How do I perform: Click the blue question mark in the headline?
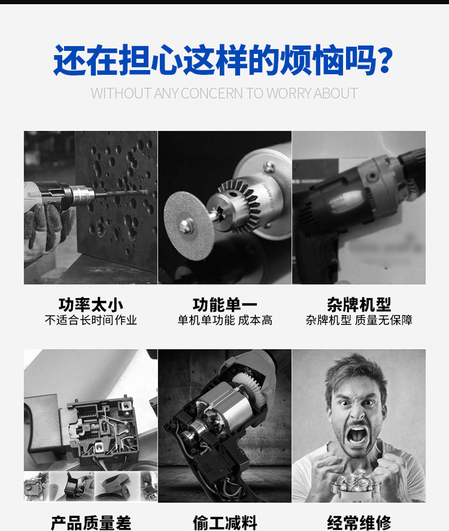385,60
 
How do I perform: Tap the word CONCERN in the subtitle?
212,93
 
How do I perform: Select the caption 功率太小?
91,305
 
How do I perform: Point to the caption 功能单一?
225,305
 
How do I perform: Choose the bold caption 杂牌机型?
359,305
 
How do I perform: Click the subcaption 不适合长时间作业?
91,320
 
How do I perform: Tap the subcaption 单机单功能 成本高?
225,320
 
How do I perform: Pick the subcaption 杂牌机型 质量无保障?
359,320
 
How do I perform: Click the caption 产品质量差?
91,523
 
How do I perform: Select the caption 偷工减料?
225,523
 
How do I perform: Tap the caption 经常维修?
359,523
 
